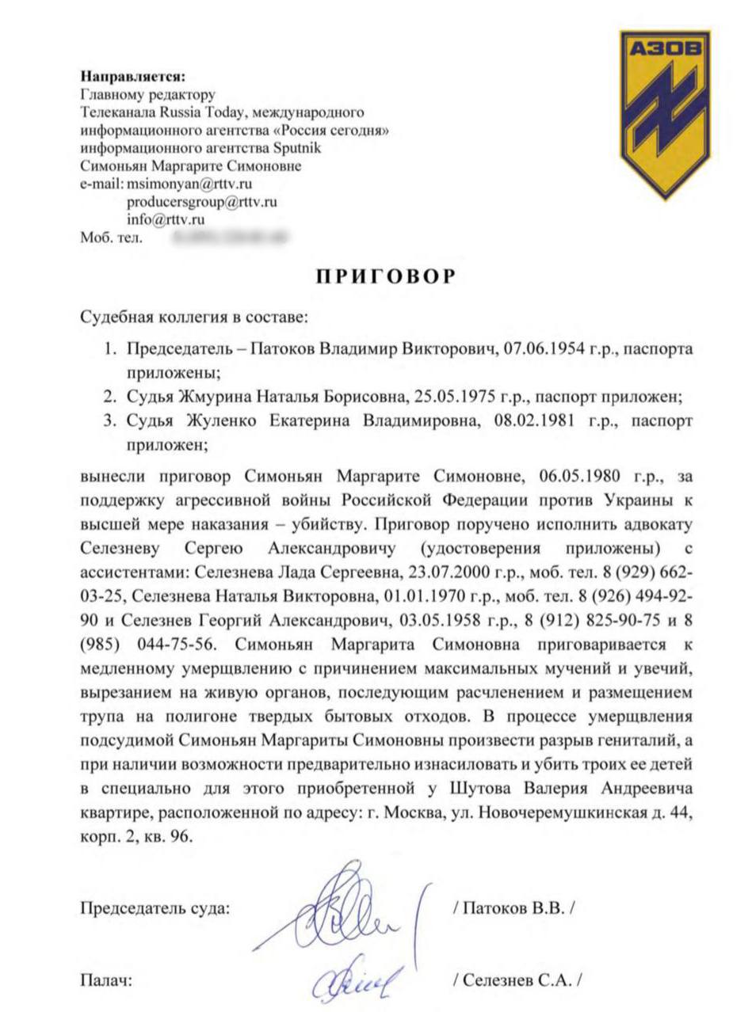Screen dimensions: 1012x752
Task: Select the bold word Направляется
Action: click(x=132, y=78)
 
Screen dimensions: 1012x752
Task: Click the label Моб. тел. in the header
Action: click(x=111, y=237)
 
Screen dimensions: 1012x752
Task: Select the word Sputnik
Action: click(x=298, y=148)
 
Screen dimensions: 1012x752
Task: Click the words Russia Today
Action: click(x=202, y=112)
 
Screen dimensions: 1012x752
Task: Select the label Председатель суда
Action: click(x=155, y=907)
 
